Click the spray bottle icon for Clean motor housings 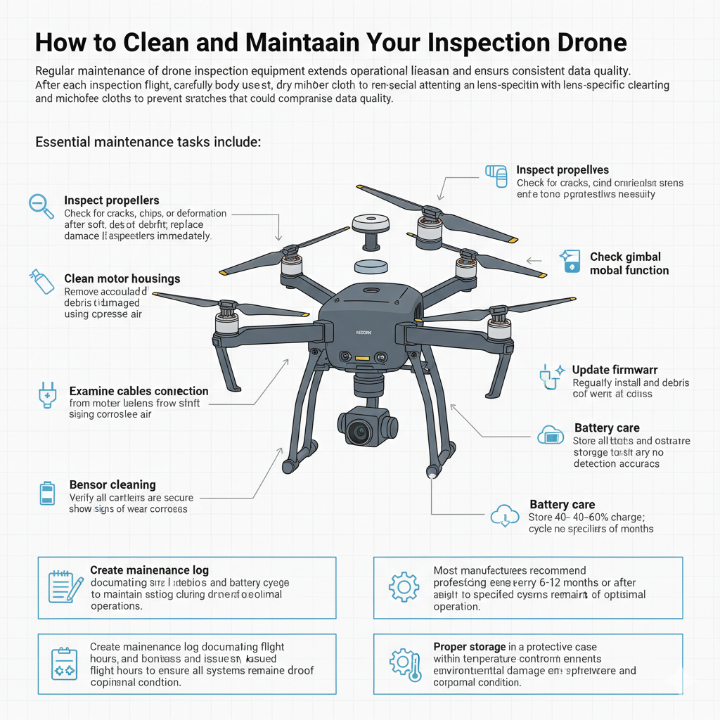41,281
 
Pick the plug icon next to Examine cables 46,395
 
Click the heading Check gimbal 625,257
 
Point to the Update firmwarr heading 615,370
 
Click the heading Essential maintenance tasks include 148,142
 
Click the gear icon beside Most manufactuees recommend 404,586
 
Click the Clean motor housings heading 122,278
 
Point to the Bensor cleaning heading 112,484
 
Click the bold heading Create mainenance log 149,570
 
